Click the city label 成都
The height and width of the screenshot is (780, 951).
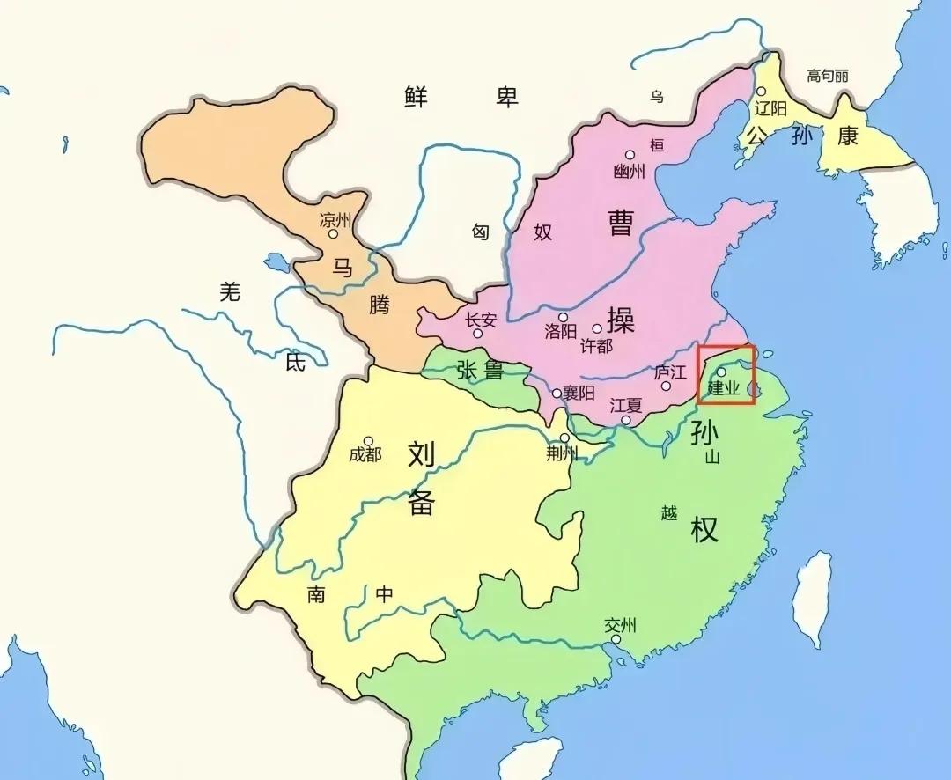[365, 455]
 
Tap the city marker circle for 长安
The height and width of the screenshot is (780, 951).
[478, 334]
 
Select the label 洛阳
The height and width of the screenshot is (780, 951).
[560, 332]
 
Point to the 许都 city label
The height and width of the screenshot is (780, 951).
[596, 345]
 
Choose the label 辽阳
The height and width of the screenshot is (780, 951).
[771, 108]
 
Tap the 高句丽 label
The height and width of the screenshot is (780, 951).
[827, 76]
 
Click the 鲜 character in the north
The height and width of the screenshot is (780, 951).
[417, 96]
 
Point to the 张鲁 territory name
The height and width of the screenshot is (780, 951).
[479, 371]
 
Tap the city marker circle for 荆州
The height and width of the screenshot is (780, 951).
[564, 438]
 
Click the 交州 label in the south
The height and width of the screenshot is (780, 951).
[620, 626]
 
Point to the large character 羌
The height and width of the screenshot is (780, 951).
[229, 292]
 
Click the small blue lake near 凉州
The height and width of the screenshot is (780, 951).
[276, 262]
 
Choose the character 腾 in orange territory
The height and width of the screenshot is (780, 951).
[379, 305]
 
